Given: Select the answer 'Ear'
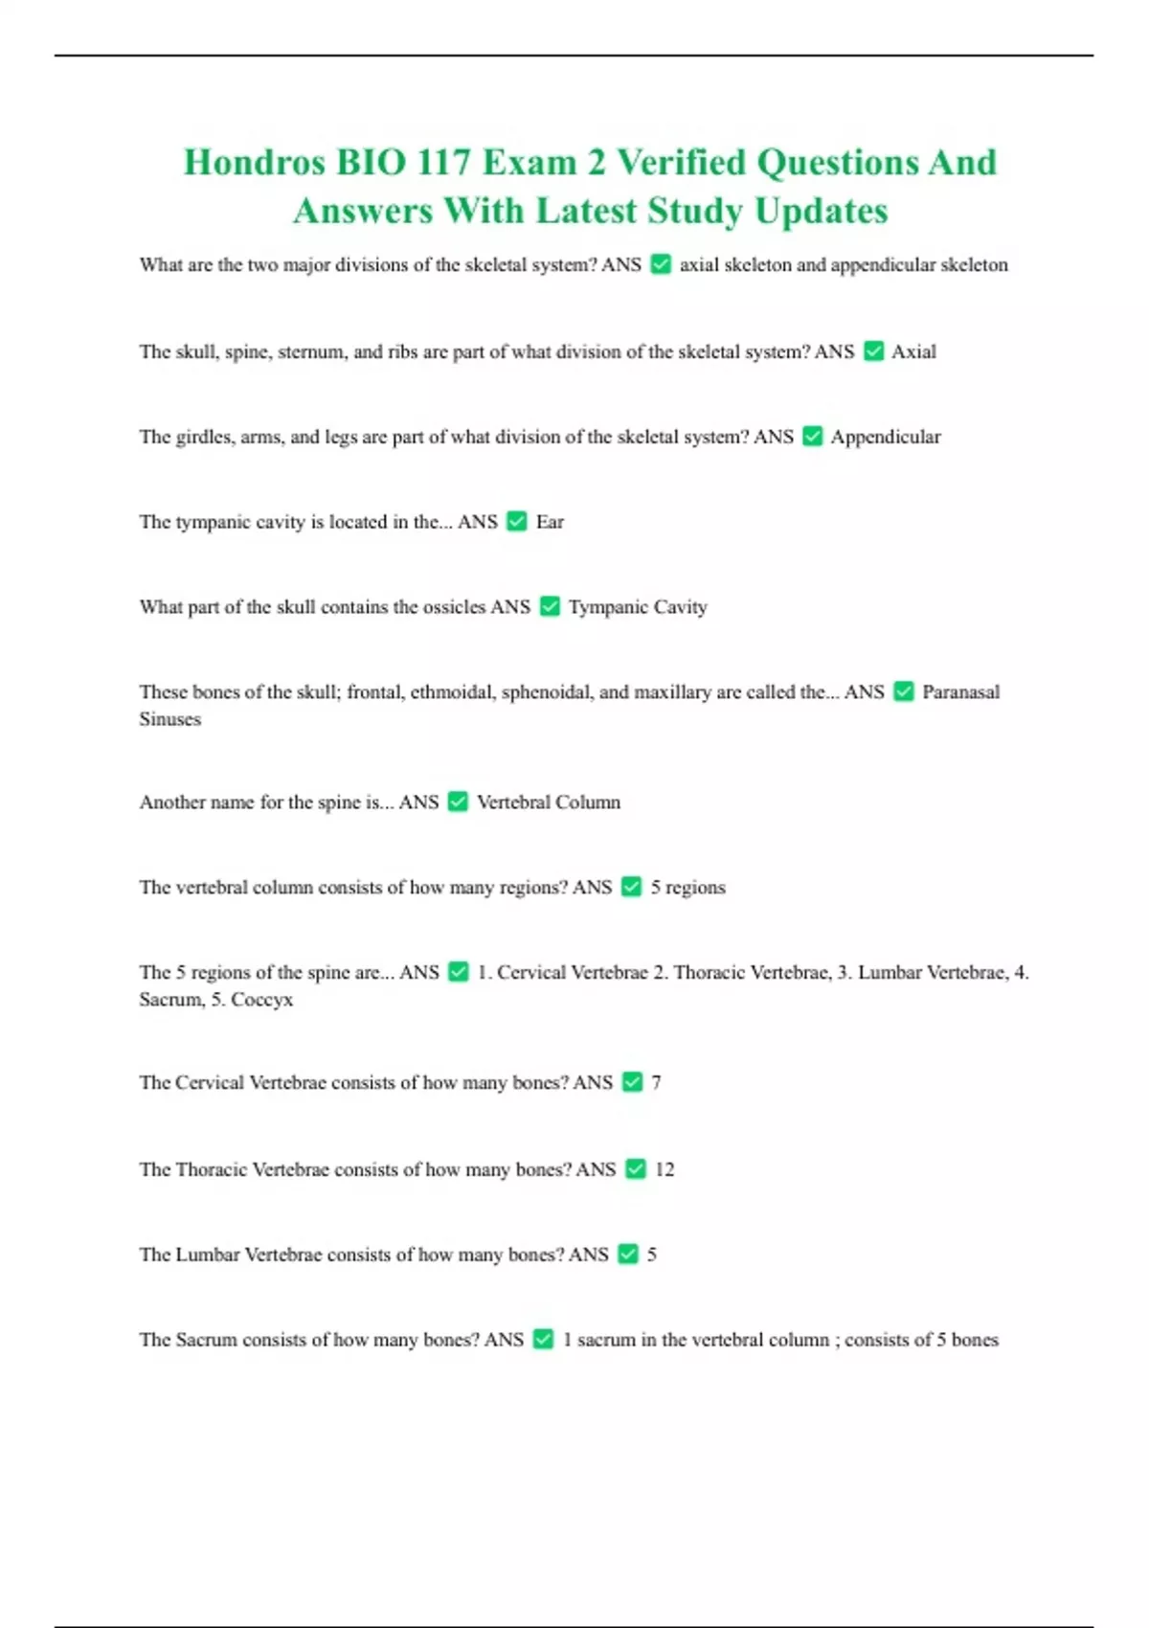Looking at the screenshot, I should point(550,522).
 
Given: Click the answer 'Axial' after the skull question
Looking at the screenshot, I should point(913,351).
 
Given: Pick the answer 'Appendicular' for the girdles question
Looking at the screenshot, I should point(886,437).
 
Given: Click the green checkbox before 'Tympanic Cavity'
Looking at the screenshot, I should point(550,606).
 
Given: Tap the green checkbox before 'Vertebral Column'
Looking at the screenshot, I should point(459,802).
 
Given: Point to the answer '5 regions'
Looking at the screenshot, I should point(687,887).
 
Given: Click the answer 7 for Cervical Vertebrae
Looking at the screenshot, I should point(656,1082).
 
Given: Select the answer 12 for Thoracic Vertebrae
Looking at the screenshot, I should point(665,1169).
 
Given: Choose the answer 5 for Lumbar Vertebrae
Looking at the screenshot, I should point(652,1255).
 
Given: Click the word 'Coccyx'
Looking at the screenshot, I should point(262,1000).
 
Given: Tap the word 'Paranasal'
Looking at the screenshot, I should point(960,691).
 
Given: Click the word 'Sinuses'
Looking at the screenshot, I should point(170,719).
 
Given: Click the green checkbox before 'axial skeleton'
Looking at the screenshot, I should point(661,264).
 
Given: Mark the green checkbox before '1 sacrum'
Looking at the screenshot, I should point(543,1339).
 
